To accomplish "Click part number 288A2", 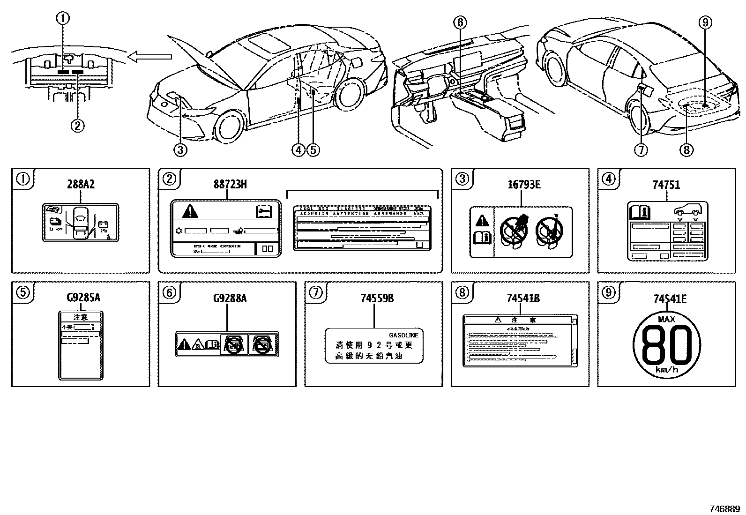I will pyautogui.click(x=81, y=185).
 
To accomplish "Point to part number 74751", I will pyautogui.click(x=666, y=185).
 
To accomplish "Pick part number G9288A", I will pyautogui.click(x=230, y=298).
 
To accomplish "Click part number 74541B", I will pyautogui.click(x=523, y=298).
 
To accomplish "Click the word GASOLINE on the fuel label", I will pyautogui.click(x=403, y=336).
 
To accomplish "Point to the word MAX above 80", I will pyautogui.click(x=666, y=320).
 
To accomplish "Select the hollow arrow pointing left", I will pyautogui.click(x=150, y=57).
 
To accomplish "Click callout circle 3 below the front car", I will pyautogui.click(x=180, y=150).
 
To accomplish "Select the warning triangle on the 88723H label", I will pyautogui.click(x=190, y=211).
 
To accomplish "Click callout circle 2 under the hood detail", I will pyautogui.click(x=77, y=126).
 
